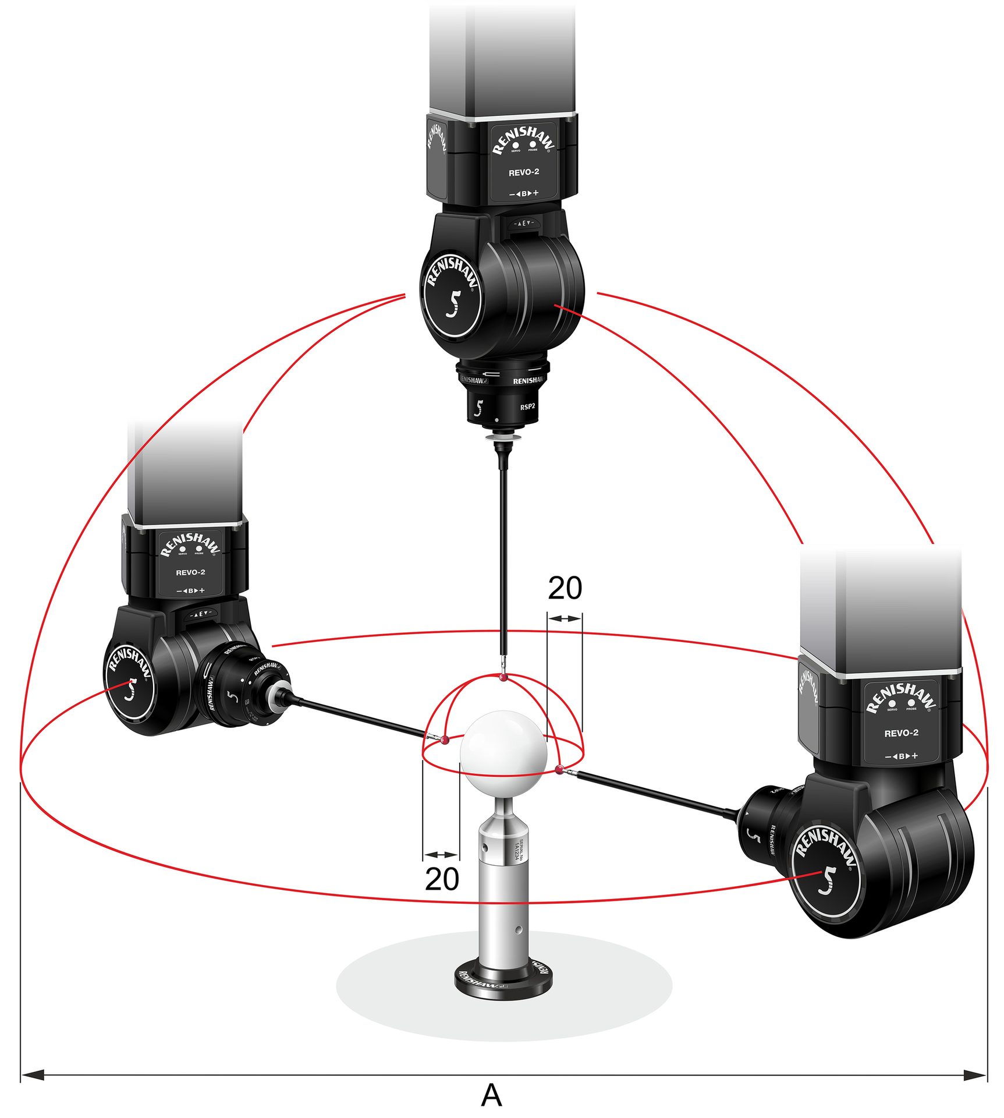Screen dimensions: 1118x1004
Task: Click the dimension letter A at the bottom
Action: (x=491, y=1095)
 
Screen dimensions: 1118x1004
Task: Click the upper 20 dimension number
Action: (x=564, y=588)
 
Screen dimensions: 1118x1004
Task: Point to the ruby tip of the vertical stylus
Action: (x=503, y=677)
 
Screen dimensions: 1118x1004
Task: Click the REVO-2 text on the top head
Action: (x=523, y=172)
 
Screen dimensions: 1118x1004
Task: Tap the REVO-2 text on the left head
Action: (x=190, y=572)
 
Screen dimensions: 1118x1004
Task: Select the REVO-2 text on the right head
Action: (x=901, y=733)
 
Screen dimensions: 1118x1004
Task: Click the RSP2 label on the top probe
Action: (x=527, y=406)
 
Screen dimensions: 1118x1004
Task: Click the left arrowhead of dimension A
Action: (x=33, y=1075)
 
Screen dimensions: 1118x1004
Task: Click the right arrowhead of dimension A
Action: (x=975, y=1075)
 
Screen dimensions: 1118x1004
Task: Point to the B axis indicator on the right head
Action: (x=901, y=756)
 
